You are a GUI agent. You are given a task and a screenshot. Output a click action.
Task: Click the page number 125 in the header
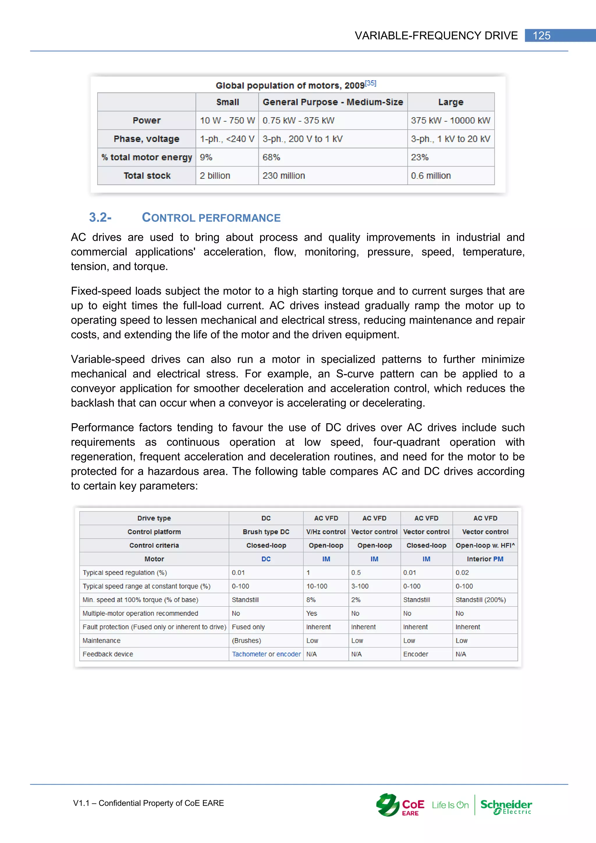click(541, 36)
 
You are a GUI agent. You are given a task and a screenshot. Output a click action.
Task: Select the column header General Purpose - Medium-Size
click(333, 102)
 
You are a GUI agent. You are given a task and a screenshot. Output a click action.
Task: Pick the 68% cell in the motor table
click(271, 157)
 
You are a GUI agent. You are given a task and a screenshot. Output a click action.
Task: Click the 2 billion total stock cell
click(215, 176)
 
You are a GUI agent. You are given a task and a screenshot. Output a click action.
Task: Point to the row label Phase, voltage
click(146, 139)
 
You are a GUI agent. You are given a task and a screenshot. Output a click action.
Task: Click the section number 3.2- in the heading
click(100, 217)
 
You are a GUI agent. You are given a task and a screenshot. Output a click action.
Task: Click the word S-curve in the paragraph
click(354, 374)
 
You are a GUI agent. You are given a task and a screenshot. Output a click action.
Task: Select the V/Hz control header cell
click(326, 532)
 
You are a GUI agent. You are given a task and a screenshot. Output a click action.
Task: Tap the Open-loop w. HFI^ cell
click(485, 545)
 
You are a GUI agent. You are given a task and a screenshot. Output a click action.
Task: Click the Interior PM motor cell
click(485, 559)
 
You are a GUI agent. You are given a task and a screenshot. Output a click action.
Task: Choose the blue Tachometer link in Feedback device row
click(249, 654)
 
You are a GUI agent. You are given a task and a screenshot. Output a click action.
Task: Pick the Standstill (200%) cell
click(480, 600)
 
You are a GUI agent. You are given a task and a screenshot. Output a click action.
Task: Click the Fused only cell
click(248, 627)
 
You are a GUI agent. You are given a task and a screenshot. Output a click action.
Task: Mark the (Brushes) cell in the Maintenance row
click(246, 640)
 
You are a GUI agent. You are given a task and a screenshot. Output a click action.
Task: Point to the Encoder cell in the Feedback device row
click(416, 654)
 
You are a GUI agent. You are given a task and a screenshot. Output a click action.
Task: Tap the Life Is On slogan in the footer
click(450, 805)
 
